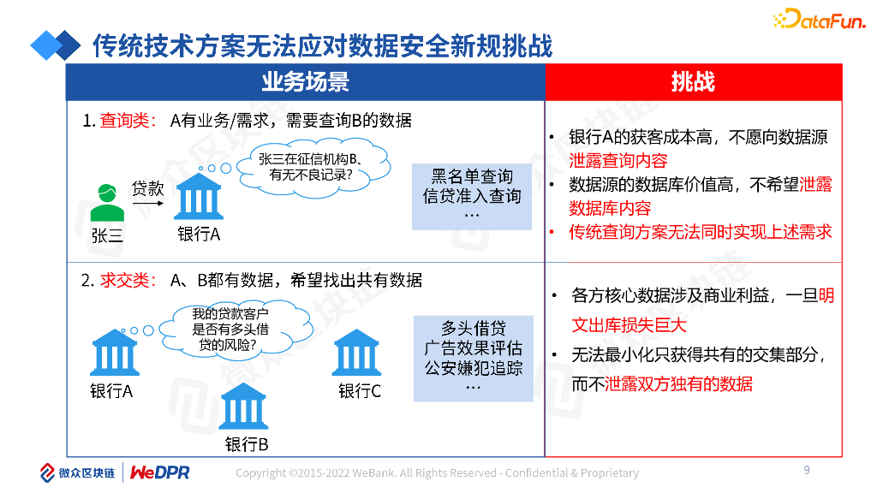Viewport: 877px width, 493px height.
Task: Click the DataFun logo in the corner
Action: tap(819, 18)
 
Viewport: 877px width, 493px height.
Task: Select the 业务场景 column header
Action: tap(305, 82)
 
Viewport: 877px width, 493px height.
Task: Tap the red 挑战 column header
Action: tap(693, 82)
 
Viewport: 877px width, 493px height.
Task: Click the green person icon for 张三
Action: tap(107, 203)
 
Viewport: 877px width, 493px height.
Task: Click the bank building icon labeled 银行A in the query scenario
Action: tap(199, 198)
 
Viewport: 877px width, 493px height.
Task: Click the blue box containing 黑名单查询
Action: tap(471, 197)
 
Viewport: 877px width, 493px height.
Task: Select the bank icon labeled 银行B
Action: tap(243, 407)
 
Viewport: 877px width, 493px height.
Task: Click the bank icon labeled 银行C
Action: tap(356, 353)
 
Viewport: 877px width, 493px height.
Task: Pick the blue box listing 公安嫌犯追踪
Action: tap(473, 358)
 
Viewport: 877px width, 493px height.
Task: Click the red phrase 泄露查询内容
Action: tap(617, 161)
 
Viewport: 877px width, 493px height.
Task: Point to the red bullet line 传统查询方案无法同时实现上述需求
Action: tap(700, 232)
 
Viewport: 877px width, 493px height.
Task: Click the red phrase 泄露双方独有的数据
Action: tap(678, 384)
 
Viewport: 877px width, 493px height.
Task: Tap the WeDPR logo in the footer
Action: tap(159, 472)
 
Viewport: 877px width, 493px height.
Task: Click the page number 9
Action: tap(807, 470)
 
